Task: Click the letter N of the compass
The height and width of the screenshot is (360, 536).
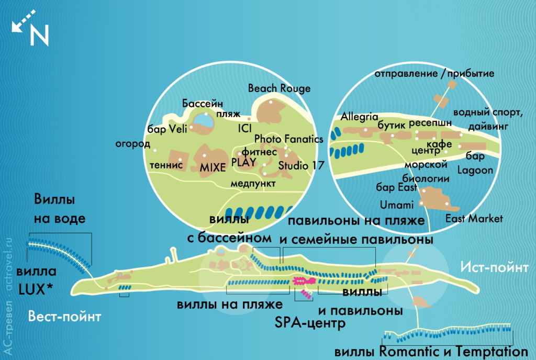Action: pos(39,36)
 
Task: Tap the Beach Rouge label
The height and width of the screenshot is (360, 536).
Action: pos(279,88)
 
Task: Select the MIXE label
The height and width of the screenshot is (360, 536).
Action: pos(213,167)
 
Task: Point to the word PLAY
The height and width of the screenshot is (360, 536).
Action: pos(243,162)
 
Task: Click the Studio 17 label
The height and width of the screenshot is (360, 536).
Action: pos(301,165)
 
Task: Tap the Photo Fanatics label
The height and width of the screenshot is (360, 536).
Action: pos(288,139)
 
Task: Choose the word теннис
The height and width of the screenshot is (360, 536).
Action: pos(166,164)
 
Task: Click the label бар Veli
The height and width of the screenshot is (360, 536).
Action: pos(164,130)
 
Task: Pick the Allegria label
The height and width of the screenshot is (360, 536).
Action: pos(359,116)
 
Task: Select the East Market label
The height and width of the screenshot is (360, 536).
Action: pos(474,218)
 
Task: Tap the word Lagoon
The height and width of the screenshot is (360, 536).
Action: pos(475,170)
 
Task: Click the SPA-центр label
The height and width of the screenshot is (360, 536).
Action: pos(310,322)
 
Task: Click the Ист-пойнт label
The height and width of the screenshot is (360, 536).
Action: pos(494,268)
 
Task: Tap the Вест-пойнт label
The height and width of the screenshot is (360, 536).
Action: pos(64,316)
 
